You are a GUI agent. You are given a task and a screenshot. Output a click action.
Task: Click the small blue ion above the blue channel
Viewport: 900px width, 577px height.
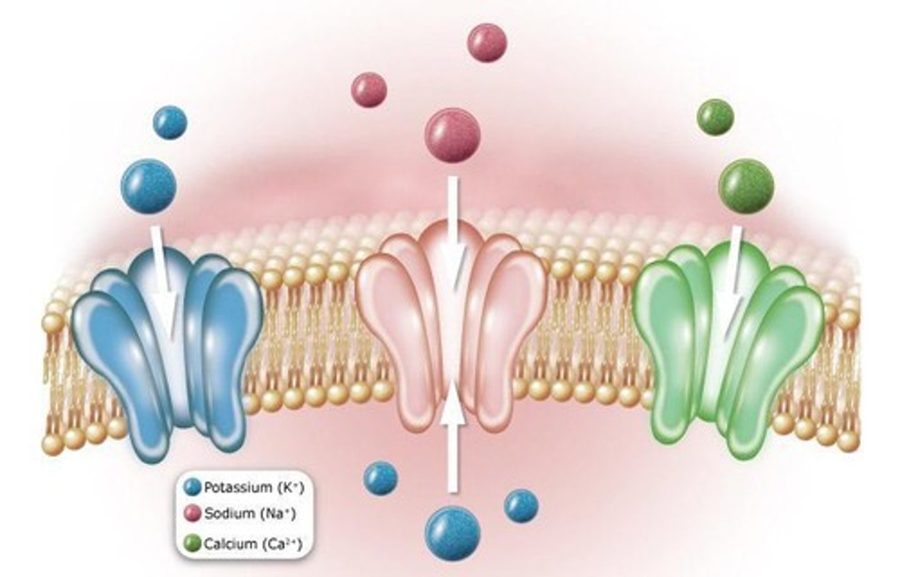pyautogui.click(x=170, y=123)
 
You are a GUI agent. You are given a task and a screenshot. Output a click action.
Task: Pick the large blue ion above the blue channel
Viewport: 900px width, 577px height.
pyautogui.click(x=149, y=185)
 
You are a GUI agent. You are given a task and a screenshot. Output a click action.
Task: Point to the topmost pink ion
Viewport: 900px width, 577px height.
pyautogui.click(x=487, y=43)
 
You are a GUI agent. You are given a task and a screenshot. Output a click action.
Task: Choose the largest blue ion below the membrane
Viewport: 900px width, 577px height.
pyautogui.click(x=452, y=534)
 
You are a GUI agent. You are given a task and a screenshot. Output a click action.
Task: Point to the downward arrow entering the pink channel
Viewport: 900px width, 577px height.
pyautogui.click(x=454, y=231)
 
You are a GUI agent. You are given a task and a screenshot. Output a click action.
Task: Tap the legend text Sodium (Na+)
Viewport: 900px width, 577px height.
pyautogui.click(x=249, y=514)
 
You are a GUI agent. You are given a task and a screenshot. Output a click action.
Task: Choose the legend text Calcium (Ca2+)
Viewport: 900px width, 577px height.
pyautogui.click(x=252, y=544)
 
